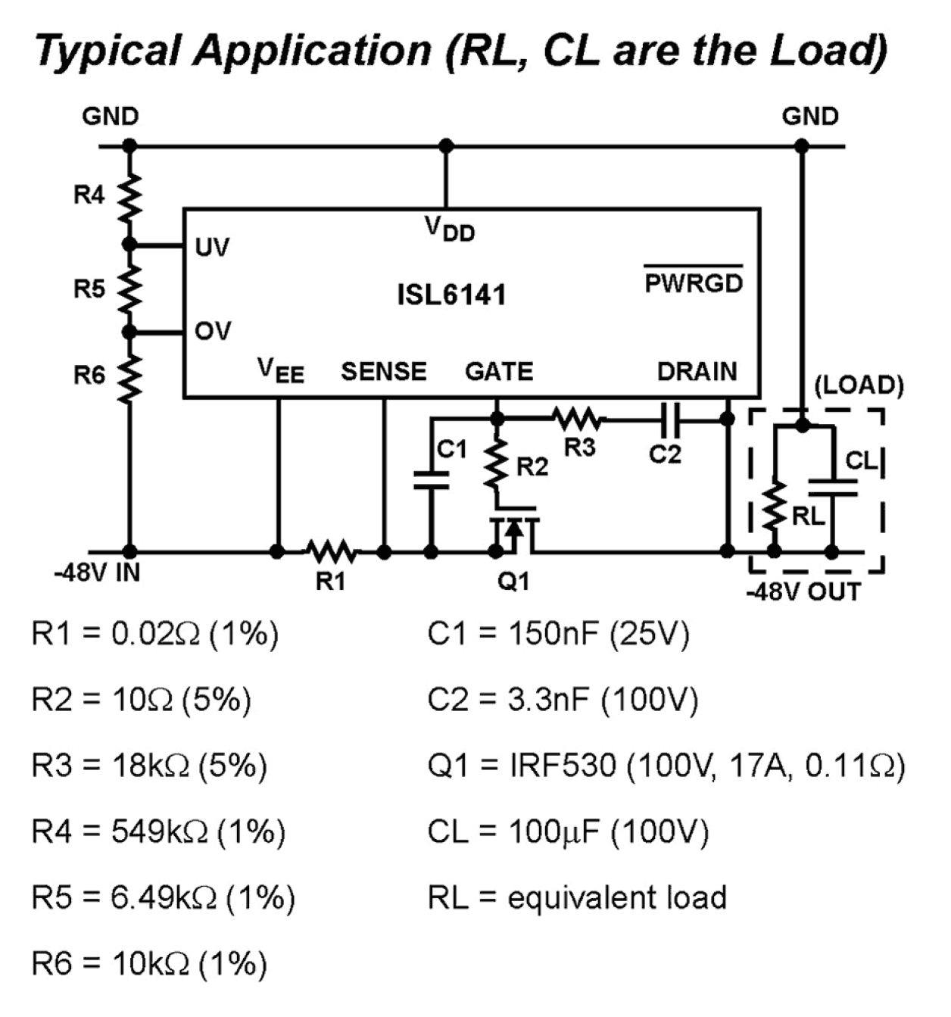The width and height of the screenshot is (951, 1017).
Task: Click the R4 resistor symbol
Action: click(129, 195)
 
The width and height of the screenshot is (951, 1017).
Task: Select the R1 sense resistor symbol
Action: click(331, 551)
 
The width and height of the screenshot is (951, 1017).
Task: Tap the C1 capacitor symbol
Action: click(432, 479)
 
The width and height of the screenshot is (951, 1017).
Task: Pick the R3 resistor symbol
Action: click(578, 418)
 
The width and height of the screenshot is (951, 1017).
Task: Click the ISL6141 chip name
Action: click(451, 295)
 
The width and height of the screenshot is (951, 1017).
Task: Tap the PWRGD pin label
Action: click(693, 282)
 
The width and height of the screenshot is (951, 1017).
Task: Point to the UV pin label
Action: click(212, 248)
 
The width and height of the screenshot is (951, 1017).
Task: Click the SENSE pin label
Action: click(383, 372)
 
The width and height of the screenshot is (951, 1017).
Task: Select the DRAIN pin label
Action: click(697, 372)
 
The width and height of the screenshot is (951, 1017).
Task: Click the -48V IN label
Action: click(97, 572)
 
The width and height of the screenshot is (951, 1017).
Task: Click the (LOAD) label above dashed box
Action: click(859, 385)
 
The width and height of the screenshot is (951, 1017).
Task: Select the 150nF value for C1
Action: click(554, 633)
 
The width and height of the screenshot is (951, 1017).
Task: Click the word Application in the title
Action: click(311, 51)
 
